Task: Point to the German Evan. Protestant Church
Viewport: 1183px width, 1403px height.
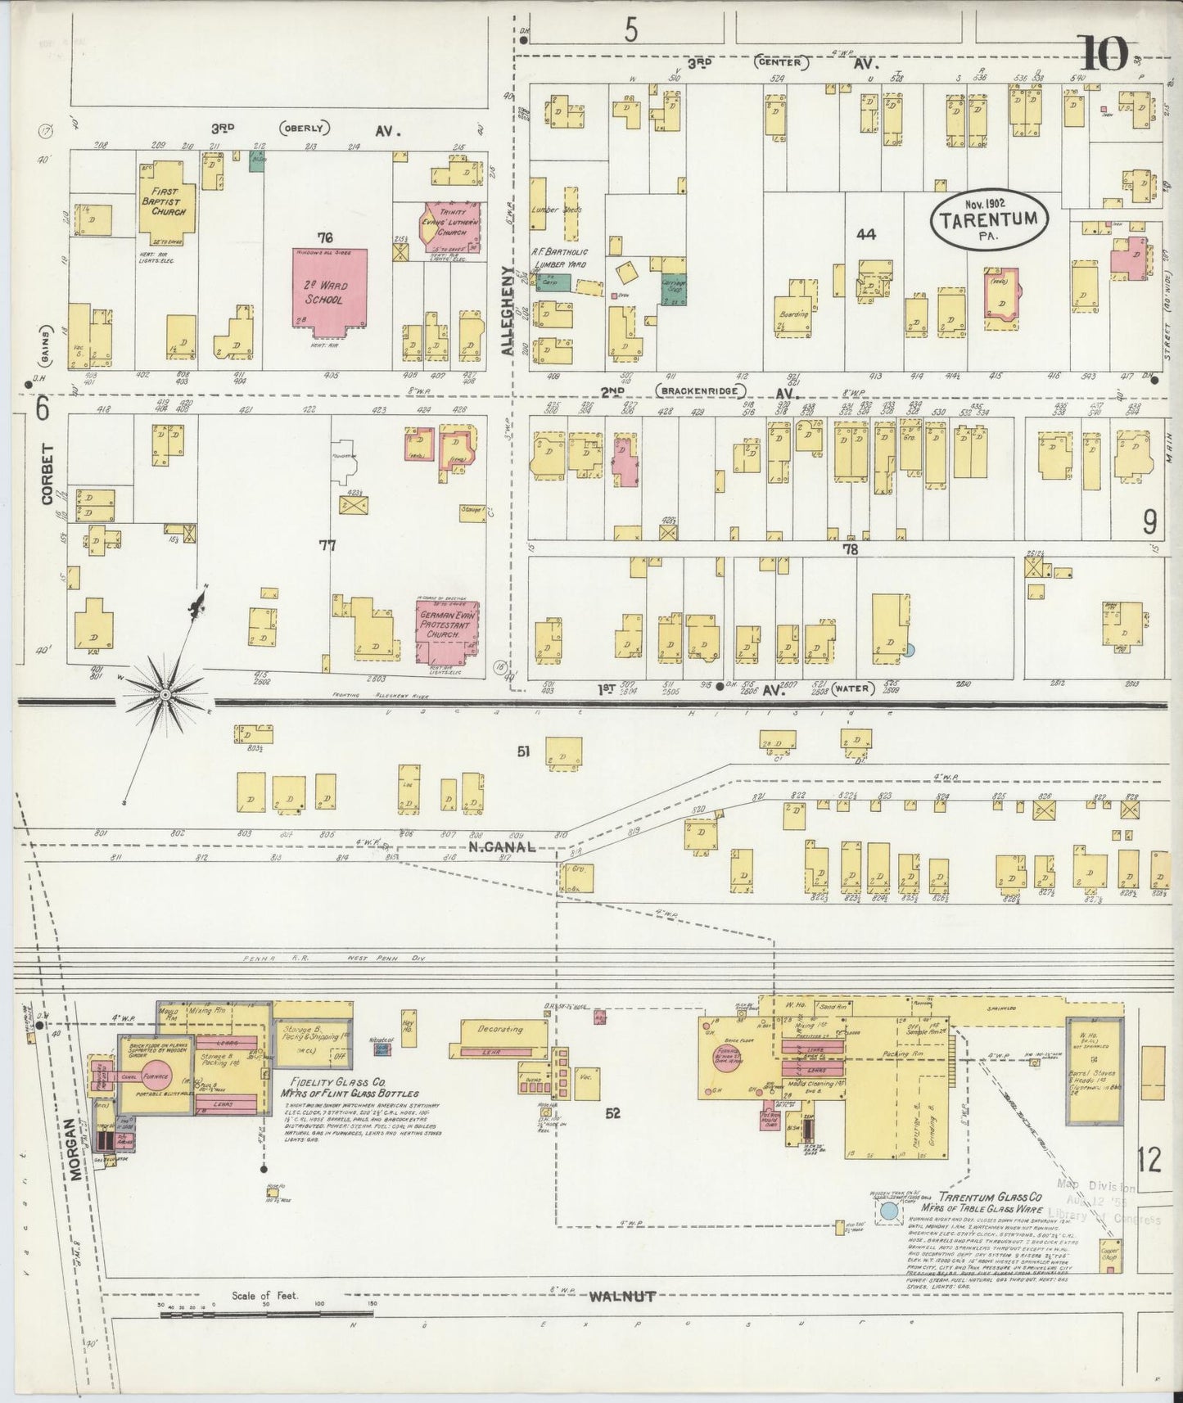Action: (447, 631)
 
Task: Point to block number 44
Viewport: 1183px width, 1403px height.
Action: (865, 234)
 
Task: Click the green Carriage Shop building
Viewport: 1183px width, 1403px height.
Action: (674, 289)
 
